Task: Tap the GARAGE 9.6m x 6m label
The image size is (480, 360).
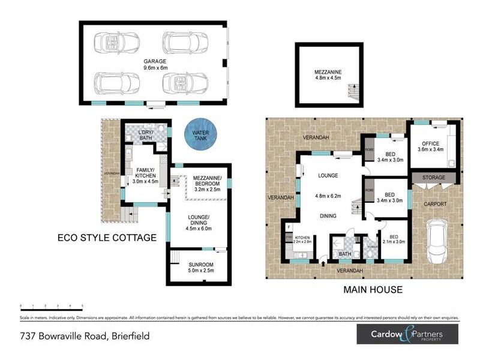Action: pos(154,64)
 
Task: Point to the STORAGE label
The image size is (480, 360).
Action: pos(433,178)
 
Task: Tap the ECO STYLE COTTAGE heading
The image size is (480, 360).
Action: pos(106,238)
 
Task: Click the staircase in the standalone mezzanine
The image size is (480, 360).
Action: pos(351,92)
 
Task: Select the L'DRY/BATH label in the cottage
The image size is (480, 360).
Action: pos(146,136)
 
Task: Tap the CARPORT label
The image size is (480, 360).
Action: pos(436,204)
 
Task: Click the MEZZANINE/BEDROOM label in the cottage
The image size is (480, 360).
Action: pos(208,181)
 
